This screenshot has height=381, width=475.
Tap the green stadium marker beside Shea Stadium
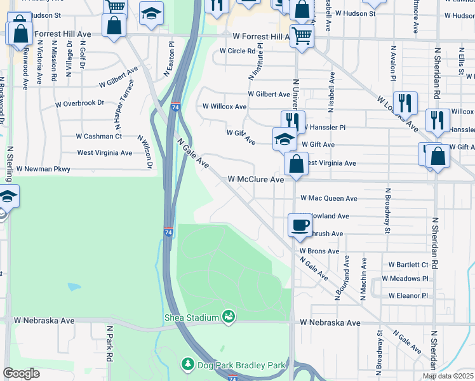pyautogui.click(x=229, y=316)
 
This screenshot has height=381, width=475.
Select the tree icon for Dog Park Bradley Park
pyautogui.click(x=188, y=364)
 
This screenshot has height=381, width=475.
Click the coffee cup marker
pyautogui.click(x=299, y=224)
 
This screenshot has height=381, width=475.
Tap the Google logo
pyautogui.click(x=21, y=373)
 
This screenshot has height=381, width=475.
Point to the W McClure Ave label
pyautogui.click(x=255, y=180)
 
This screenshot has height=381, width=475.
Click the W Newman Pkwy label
pyautogui.click(x=43, y=170)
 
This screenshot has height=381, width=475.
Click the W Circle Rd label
pyautogui.click(x=237, y=51)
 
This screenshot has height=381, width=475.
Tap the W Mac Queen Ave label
pyautogui.click(x=329, y=199)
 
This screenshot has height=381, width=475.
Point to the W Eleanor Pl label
pyautogui.click(x=407, y=295)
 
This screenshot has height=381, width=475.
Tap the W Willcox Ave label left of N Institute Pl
pyautogui.click(x=224, y=107)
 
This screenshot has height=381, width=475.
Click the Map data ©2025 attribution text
pyautogui.click(x=448, y=377)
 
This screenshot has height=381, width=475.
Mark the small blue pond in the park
pyautogui.click(x=74, y=287)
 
